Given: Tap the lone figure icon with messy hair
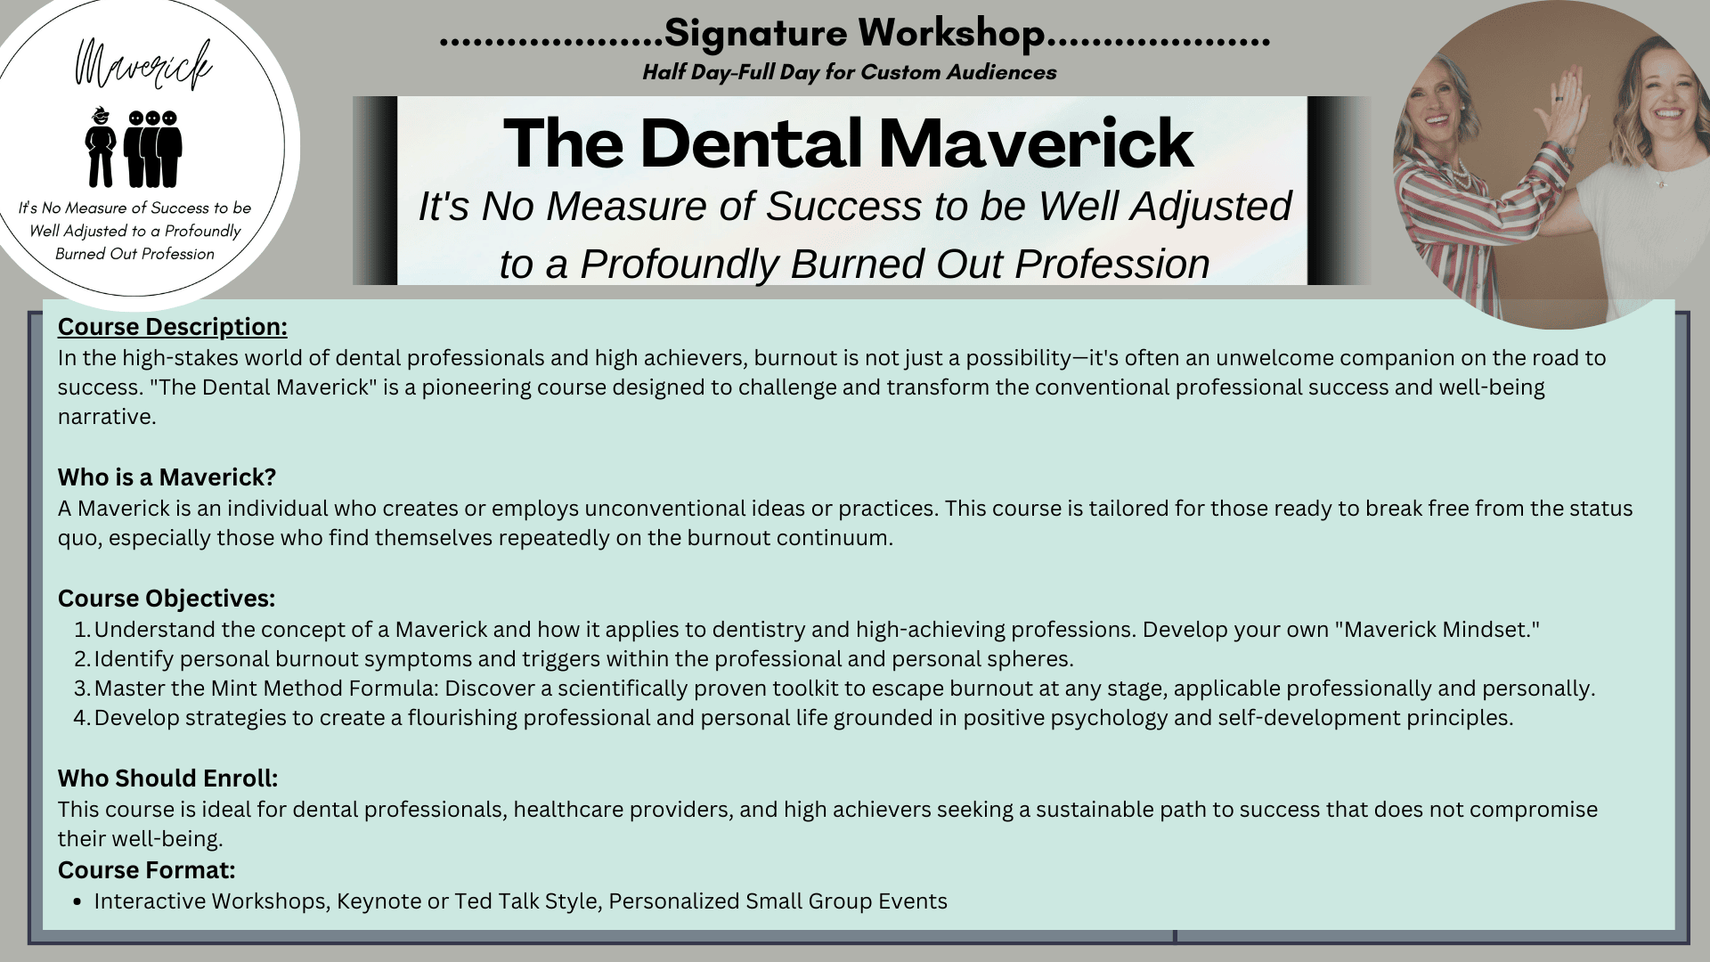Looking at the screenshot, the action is point(101,147).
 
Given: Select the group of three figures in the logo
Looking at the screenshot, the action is point(153,148).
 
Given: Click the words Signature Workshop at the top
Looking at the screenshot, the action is point(854,34).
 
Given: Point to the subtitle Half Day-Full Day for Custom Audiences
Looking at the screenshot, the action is point(850,72).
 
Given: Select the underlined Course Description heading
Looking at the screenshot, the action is point(173,327).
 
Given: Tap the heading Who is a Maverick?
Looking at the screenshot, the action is point(167,477).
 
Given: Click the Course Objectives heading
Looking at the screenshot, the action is point(167,599).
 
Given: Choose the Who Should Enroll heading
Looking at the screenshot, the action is point(168,779).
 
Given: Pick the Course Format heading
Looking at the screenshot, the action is point(147,869).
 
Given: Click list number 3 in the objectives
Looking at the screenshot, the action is point(82,689).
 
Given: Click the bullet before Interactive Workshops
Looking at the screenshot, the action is point(80,901).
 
